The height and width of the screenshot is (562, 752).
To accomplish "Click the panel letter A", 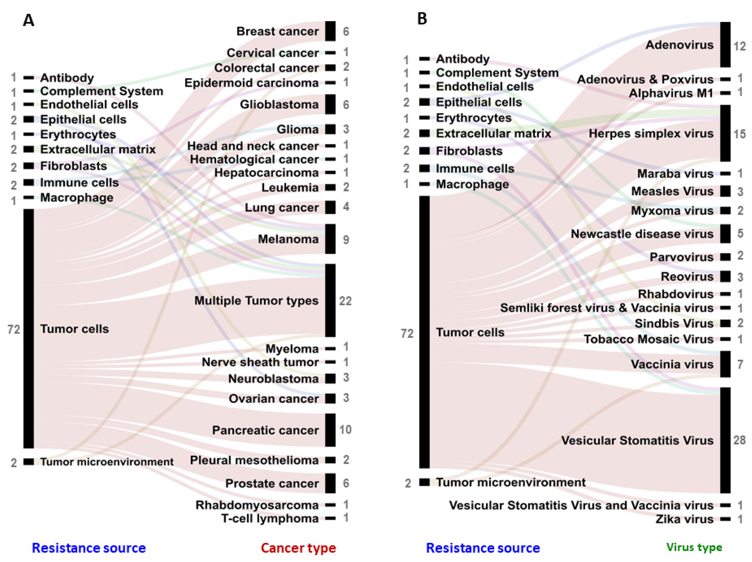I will (x=28, y=21).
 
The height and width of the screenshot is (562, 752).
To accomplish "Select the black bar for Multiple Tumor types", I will (x=330, y=300).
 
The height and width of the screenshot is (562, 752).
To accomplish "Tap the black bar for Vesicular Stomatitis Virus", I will (x=725, y=440).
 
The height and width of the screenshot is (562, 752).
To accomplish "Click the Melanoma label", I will (x=288, y=239).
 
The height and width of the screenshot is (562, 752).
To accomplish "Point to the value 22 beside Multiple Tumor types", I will (x=345, y=301).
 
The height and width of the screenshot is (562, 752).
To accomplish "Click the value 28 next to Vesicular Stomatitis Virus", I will (x=739, y=440).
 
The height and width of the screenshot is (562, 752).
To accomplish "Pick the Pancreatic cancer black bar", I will (x=330, y=430).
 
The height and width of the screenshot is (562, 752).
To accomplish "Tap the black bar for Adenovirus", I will (x=725, y=45).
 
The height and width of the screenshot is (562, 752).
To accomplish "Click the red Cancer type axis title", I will (x=298, y=548).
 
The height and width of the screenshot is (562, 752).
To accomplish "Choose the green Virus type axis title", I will (x=694, y=547).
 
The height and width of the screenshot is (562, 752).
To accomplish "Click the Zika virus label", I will (x=684, y=519).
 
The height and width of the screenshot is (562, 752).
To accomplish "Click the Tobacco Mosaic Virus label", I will (x=648, y=339).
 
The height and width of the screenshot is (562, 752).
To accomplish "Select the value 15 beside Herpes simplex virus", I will (x=739, y=134).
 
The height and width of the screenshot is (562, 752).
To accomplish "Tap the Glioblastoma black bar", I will (x=330, y=104).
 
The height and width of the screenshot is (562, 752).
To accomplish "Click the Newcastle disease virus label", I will (x=642, y=234).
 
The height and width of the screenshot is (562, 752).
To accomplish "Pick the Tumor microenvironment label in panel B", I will (x=511, y=482).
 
